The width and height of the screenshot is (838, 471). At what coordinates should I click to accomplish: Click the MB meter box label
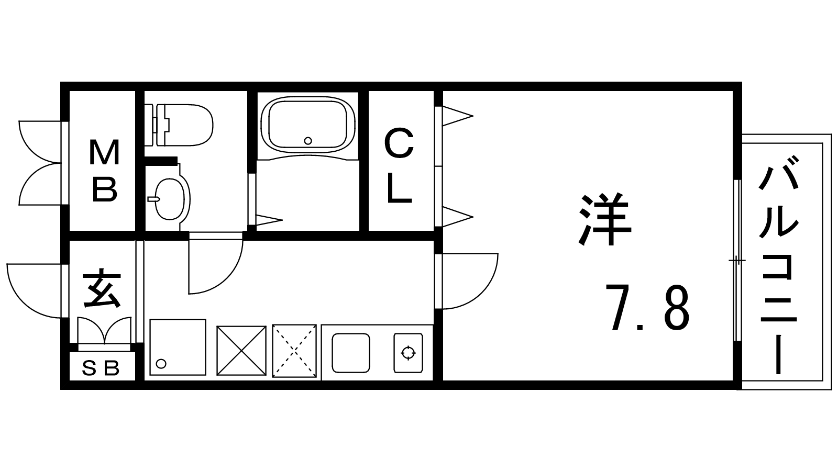[x=104, y=171]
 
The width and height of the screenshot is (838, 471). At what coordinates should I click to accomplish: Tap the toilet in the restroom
[x=179, y=125]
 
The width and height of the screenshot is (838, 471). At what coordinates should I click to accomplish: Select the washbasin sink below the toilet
[x=170, y=198]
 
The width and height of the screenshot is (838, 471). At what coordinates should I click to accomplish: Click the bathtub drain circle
[x=308, y=141]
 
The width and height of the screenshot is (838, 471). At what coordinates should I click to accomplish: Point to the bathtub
[x=307, y=125]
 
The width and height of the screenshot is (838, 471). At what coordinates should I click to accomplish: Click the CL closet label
[x=400, y=165]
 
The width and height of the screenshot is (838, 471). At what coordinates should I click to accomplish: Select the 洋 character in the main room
[x=605, y=219]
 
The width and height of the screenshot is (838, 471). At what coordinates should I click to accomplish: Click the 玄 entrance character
[x=102, y=288]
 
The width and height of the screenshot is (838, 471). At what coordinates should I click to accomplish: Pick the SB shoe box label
[x=101, y=368]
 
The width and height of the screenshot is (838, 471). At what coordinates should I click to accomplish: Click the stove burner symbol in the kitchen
[x=408, y=353]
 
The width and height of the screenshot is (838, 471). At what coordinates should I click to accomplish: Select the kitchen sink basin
[x=351, y=353]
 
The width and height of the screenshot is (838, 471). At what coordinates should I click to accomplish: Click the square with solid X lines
[x=241, y=351]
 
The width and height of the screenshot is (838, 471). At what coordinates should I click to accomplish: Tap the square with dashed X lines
[x=294, y=351]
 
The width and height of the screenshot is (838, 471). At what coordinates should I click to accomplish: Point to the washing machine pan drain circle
[x=161, y=363]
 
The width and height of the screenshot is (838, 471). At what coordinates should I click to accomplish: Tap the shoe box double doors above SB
[x=104, y=331]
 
